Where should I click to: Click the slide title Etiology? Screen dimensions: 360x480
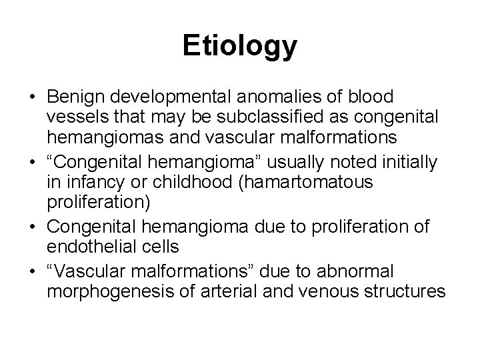pos(240,47)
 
